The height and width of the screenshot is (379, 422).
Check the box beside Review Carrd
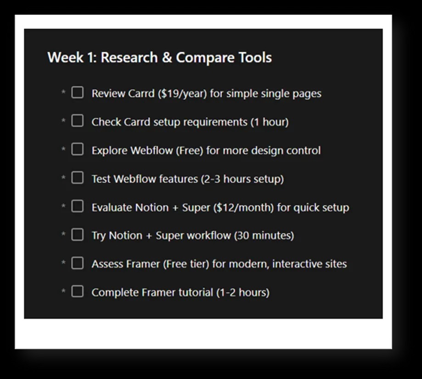[77, 92]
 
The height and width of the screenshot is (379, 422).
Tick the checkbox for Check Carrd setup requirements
[77, 121]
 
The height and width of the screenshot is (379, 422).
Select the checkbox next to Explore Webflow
[77, 149]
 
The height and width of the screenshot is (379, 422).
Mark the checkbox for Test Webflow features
[77, 178]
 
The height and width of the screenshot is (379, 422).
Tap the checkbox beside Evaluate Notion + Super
[77, 206]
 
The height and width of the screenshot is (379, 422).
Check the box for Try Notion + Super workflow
[77, 234]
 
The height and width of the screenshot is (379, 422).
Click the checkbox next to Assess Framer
[77, 263]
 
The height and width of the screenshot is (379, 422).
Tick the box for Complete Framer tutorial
[77, 291]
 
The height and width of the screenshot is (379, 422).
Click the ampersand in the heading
[167, 57]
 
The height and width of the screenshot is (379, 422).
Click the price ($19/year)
[182, 94]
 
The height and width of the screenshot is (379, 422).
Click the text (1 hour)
[270, 122]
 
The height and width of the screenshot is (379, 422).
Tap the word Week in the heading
[65, 57]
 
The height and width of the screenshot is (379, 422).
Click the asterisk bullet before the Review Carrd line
[63, 92]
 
